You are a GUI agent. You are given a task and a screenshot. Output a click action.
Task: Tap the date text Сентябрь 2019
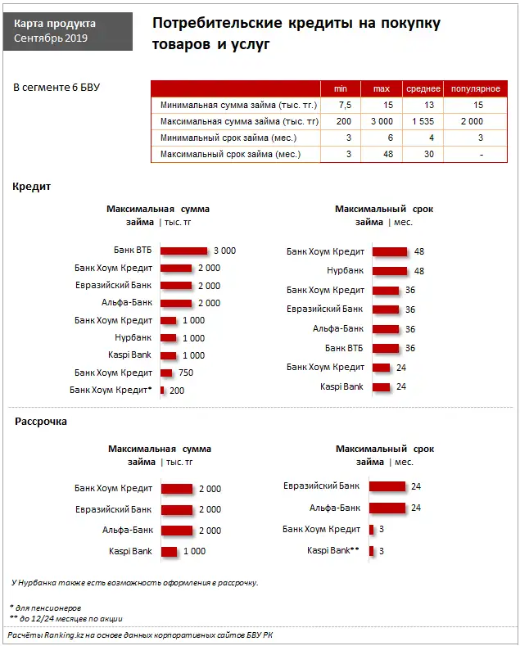[x=52, y=38]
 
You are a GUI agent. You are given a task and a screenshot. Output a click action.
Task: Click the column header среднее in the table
[x=423, y=88]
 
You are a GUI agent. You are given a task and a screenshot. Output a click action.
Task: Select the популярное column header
[x=476, y=88]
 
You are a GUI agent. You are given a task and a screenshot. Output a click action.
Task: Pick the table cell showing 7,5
[x=345, y=105]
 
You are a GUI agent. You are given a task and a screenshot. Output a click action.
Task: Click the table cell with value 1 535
[x=423, y=121]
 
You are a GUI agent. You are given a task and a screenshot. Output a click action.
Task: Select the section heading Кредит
[x=32, y=187]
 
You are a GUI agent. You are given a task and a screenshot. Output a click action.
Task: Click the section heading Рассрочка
[x=41, y=422]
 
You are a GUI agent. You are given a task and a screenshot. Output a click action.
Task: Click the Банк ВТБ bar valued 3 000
[x=184, y=251]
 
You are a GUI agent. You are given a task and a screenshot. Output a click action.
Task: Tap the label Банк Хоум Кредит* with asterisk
[x=111, y=390]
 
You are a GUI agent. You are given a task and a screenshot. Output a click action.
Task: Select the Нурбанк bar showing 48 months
[x=390, y=270]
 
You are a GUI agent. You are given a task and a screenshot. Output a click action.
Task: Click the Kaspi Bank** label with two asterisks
[x=333, y=550]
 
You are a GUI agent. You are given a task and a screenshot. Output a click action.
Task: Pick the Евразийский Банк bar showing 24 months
[x=387, y=486]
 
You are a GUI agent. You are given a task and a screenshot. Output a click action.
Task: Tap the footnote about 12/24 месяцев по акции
[x=66, y=618]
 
